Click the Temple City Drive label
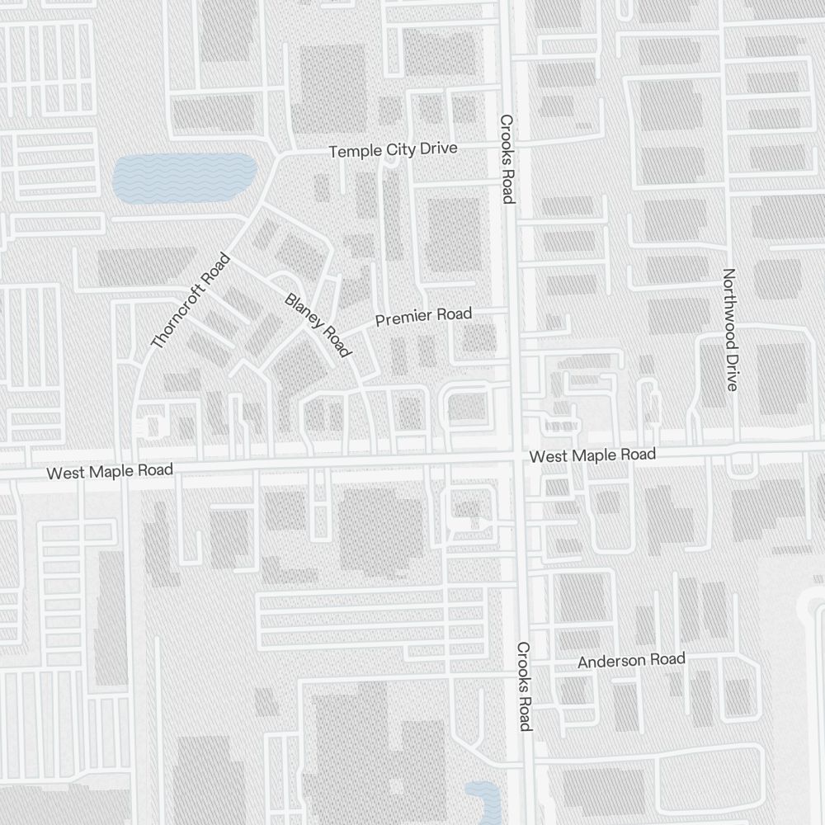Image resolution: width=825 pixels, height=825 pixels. (393, 150)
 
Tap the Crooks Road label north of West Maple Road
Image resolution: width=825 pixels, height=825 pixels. (507, 158)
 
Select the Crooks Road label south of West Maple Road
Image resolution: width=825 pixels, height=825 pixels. (524, 686)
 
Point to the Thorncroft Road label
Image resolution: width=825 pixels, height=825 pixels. (190, 301)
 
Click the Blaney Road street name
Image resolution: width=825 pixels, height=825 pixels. (318, 325)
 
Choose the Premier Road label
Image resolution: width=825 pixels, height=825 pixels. (423, 316)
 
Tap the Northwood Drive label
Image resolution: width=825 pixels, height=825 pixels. (729, 329)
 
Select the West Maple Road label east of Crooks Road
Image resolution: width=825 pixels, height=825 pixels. (592, 455)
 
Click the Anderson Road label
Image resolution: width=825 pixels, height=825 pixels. (631, 661)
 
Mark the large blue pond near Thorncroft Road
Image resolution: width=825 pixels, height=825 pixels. (183, 178)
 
